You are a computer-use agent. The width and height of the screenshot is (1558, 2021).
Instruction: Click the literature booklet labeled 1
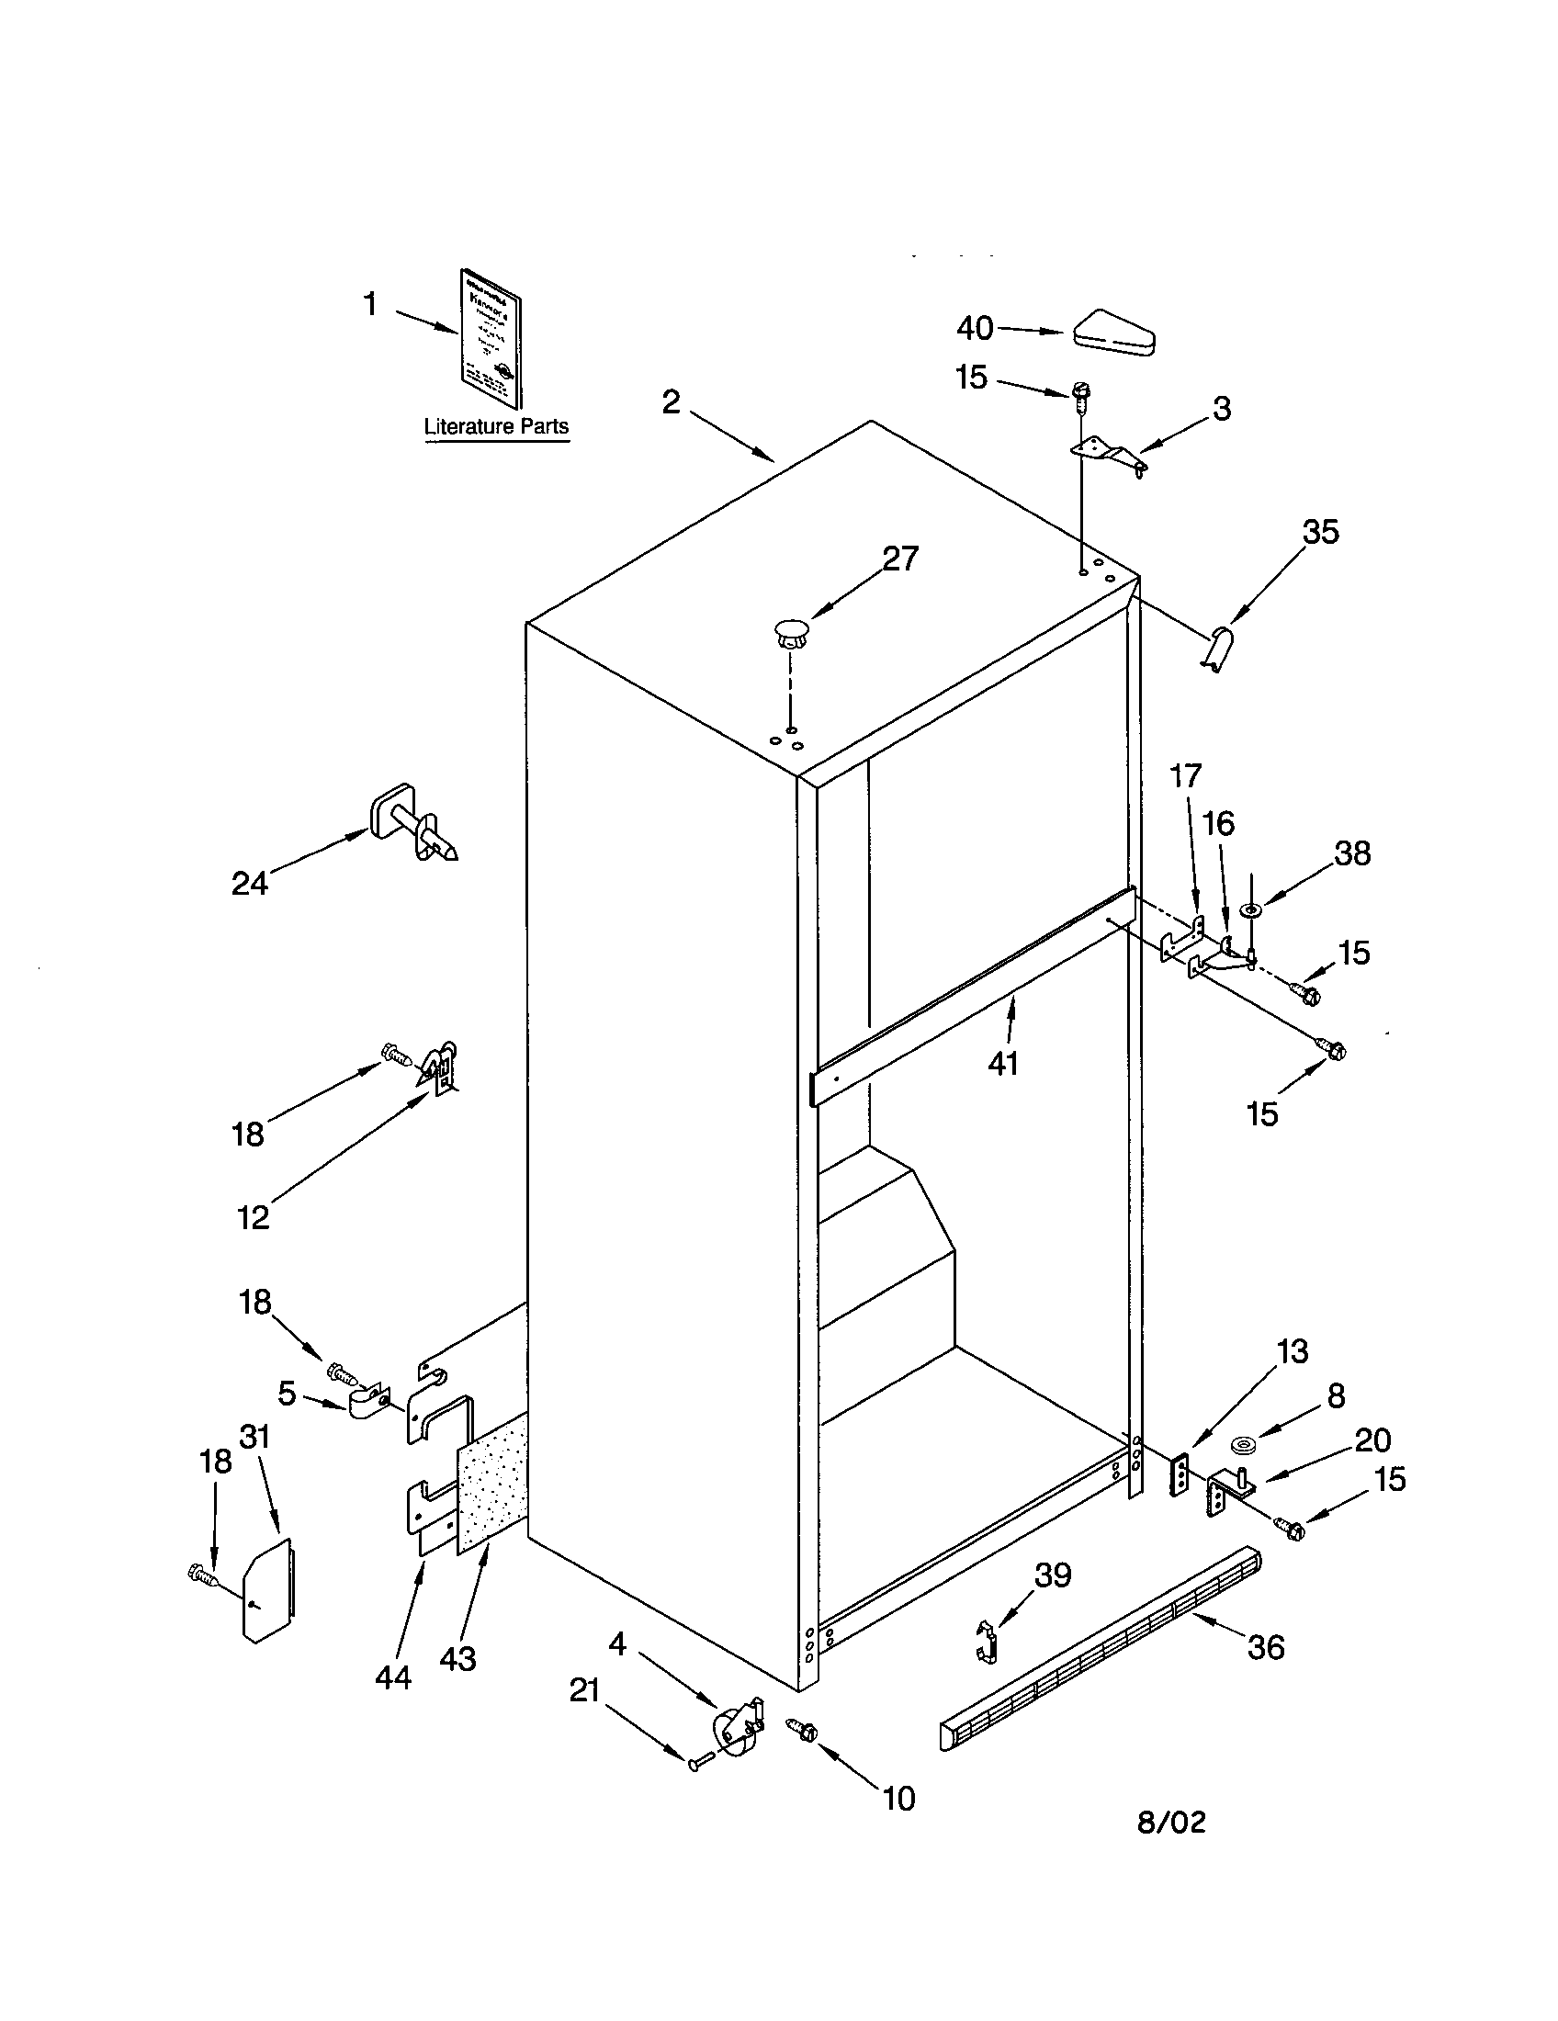(491, 339)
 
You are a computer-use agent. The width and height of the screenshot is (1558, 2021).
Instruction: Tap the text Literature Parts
(496, 426)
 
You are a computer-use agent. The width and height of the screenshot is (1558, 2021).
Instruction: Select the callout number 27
(899, 558)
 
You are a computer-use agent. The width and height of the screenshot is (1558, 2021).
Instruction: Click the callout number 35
(1320, 532)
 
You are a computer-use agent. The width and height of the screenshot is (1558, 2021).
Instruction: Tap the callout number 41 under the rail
(1003, 1063)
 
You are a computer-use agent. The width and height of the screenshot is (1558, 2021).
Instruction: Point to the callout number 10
(898, 1799)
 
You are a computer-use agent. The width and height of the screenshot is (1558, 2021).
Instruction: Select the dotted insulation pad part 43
(491, 1490)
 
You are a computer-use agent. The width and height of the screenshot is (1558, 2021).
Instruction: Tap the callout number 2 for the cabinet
(671, 401)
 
